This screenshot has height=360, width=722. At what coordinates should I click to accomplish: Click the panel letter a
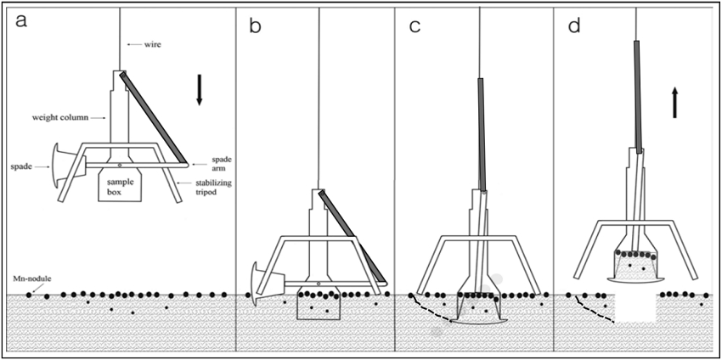(22, 21)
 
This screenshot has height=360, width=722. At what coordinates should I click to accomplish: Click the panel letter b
(255, 25)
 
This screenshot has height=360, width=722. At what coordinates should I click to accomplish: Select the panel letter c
(415, 27)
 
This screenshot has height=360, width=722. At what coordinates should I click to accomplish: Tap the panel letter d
(574, 25)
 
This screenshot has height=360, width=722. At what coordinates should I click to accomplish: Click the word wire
(151, 44)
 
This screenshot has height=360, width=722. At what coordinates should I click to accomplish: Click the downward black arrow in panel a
(199, 90)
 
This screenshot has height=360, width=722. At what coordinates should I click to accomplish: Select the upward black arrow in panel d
(674, 103)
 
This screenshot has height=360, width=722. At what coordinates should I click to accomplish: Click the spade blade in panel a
(56, 166)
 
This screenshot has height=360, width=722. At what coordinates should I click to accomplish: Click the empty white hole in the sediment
(635, 308)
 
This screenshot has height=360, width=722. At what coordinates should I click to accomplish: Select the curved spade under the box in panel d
(635, 279)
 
